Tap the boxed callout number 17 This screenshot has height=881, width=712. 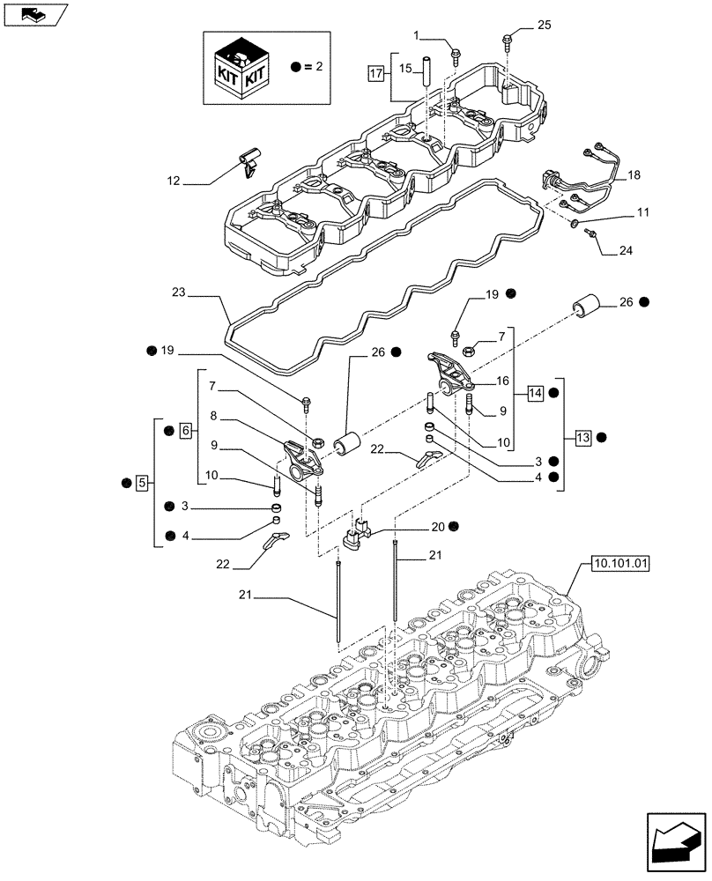(x=376, y=74)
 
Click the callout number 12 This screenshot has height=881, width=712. (x=174, y=181)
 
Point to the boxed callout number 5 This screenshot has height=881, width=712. (x=142, y=482)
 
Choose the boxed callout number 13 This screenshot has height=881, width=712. (x=582, y=436)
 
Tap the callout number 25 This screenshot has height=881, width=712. (x=543, y=26)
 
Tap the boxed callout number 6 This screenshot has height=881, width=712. (x=185, y=431)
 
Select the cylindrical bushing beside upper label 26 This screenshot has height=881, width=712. (x=585, y=307)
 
